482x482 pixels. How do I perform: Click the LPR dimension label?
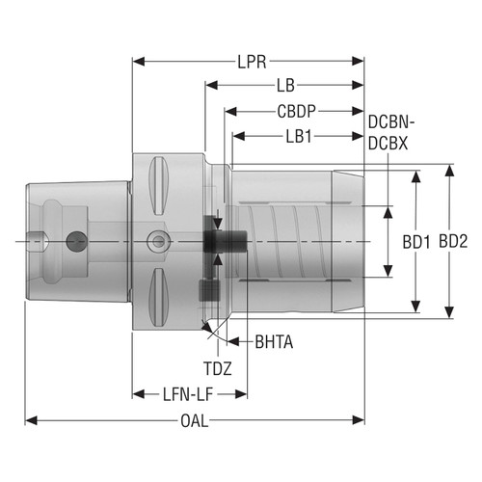click(x=249, y=62)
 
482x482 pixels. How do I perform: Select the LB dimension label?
click(x=284, y=86)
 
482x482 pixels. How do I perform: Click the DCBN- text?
click(x=392, y=123)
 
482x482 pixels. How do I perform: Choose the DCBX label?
click(x=391, y=142)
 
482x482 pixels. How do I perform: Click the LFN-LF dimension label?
click(x=189, y=393)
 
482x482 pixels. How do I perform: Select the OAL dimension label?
click(x=195, y=420)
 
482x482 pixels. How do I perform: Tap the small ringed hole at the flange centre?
click(x=154, y=239)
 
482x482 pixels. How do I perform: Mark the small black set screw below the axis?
click(x=204, y=288)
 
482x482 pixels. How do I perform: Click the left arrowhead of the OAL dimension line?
click(x=29, y=420)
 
